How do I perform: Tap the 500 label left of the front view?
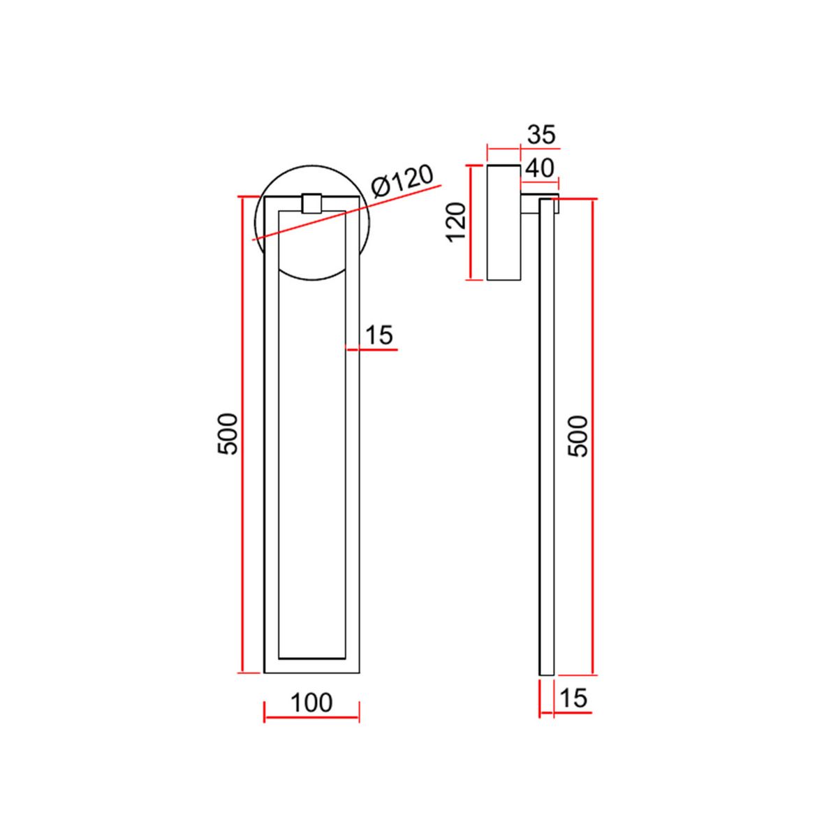tap(228, 434)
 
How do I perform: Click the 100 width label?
tap(311, 703)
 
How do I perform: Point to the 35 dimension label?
tap(542, 134)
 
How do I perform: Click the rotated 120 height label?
tap(456, 221)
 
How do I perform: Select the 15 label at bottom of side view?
tap(573, 698)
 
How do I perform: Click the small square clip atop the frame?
tap(311, 203)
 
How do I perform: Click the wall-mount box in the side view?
tap(503, 223)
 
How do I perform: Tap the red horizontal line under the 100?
tap(311, 718)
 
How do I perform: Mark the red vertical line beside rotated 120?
tap(472, 223)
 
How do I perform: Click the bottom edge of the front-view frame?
tap(311, 673)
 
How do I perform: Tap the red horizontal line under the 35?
tap(504, 149)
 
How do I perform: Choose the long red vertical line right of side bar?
tap(593, 436)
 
